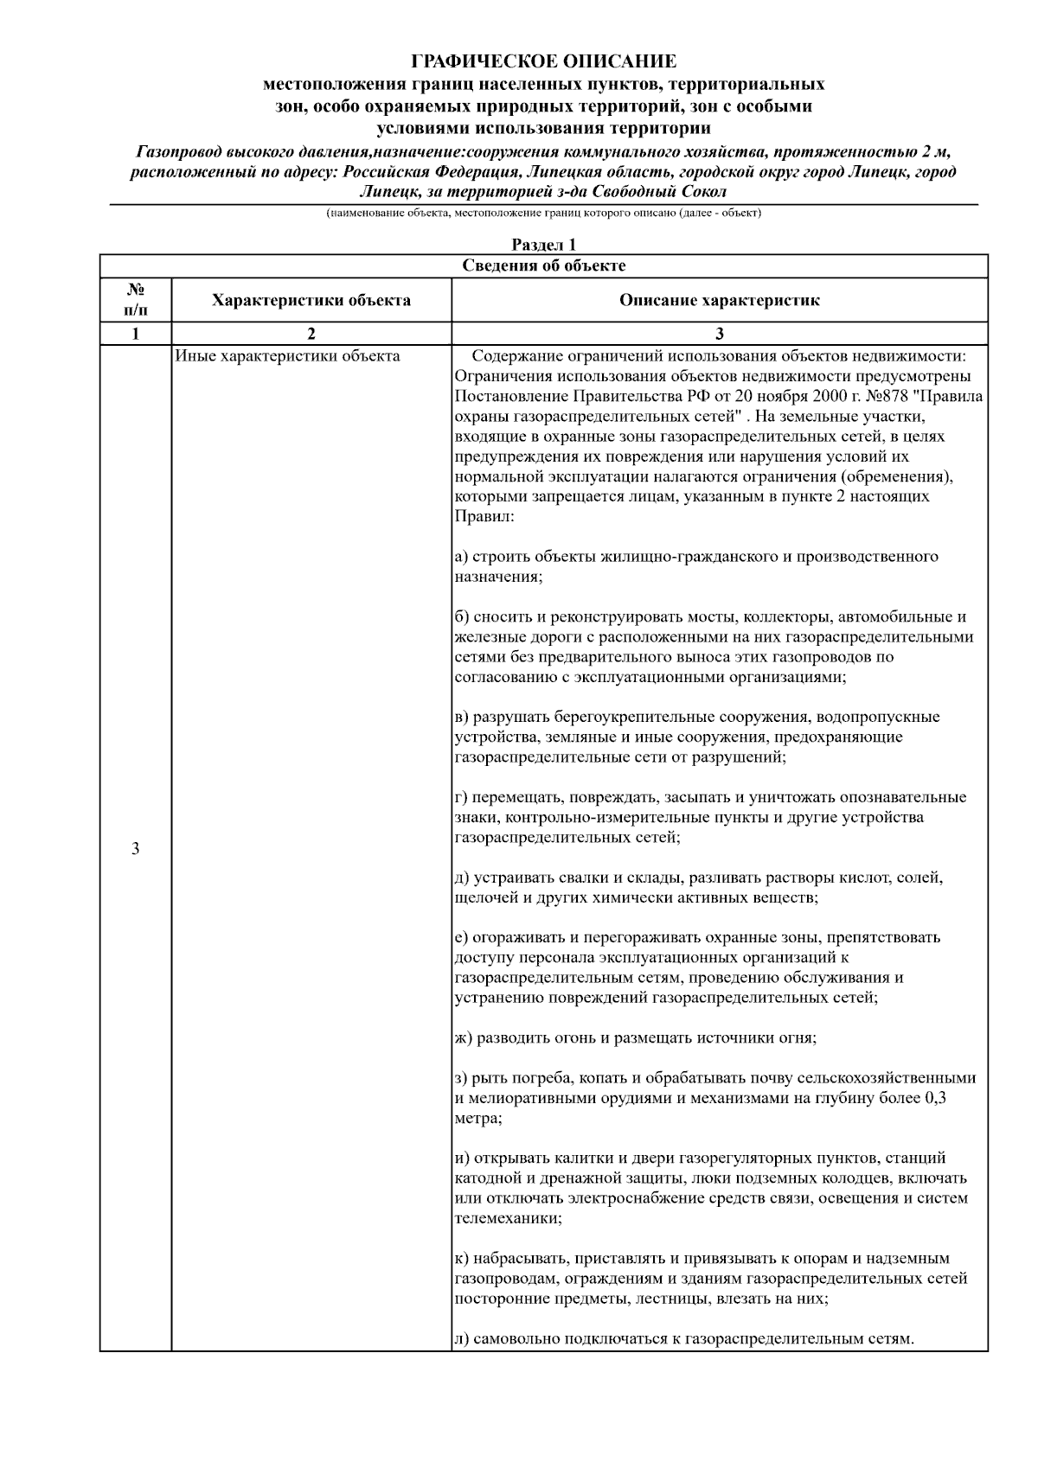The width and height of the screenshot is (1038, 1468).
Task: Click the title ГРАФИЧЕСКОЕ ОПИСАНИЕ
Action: point(543,61)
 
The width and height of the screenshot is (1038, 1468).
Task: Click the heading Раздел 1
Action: point(543,246)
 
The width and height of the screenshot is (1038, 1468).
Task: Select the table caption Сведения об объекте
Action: point(543,265)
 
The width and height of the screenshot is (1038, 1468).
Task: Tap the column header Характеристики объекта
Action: point(311,301)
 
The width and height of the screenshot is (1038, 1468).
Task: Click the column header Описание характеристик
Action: point(719,301)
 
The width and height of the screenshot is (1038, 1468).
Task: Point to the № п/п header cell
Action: point(135,301)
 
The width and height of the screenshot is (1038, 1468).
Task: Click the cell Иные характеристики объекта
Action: point(287,355)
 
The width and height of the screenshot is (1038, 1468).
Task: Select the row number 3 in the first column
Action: point(135,848)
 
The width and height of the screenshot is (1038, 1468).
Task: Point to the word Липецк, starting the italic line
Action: point(386,191)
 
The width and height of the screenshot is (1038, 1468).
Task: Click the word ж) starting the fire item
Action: point(464,1037)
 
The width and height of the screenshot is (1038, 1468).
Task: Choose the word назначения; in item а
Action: point(499,577)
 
